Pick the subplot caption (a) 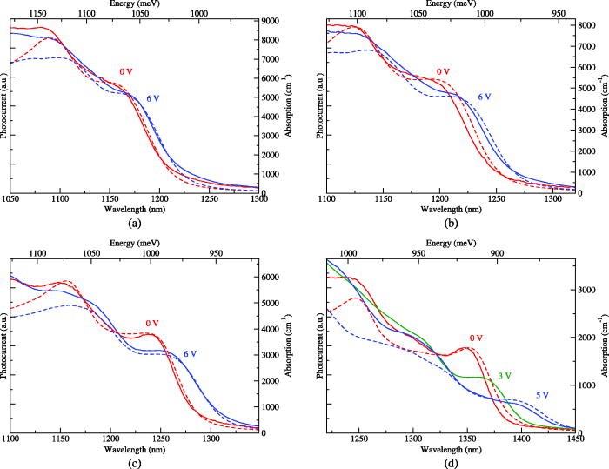pos(135,223)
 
